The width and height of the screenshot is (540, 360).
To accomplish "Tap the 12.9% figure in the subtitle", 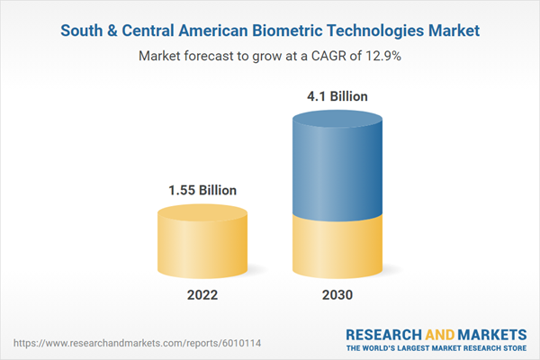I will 382,56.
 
